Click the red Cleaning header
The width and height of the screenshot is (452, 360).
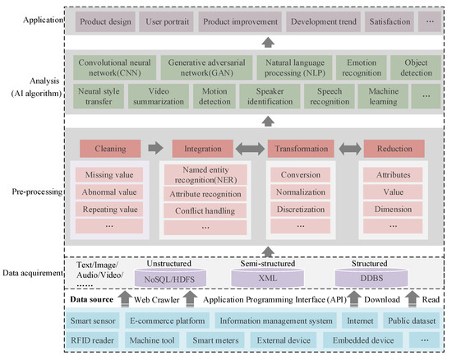(x=111, y=149)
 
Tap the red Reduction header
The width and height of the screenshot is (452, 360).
(x=394, y=149)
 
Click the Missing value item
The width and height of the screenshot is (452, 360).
(x=111, y=176)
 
